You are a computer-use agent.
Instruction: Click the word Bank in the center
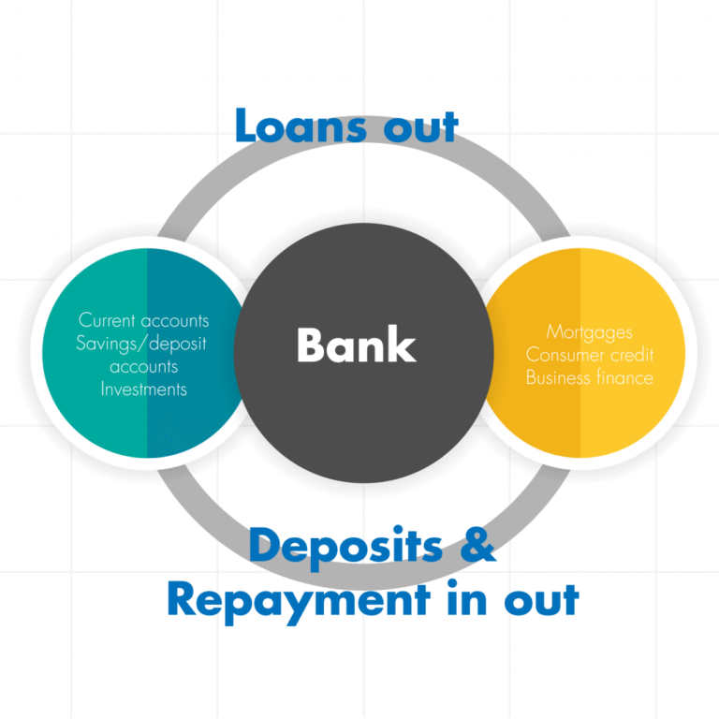click(356, 345)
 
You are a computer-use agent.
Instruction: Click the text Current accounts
click(143, 320)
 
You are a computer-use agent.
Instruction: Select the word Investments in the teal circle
click(143, 388)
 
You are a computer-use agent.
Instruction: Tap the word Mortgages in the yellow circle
click(589, 332)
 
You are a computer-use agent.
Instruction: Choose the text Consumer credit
click(589, 355)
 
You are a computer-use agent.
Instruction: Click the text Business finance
click(589, 377)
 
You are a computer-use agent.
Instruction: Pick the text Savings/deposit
click(141, 343)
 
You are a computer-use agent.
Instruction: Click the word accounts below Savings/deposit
click(143, 366)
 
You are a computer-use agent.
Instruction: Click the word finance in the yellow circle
click(624, 377)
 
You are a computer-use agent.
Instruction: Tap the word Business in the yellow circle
click(559, 377)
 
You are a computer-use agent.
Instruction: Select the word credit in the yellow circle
click(632, 355)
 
